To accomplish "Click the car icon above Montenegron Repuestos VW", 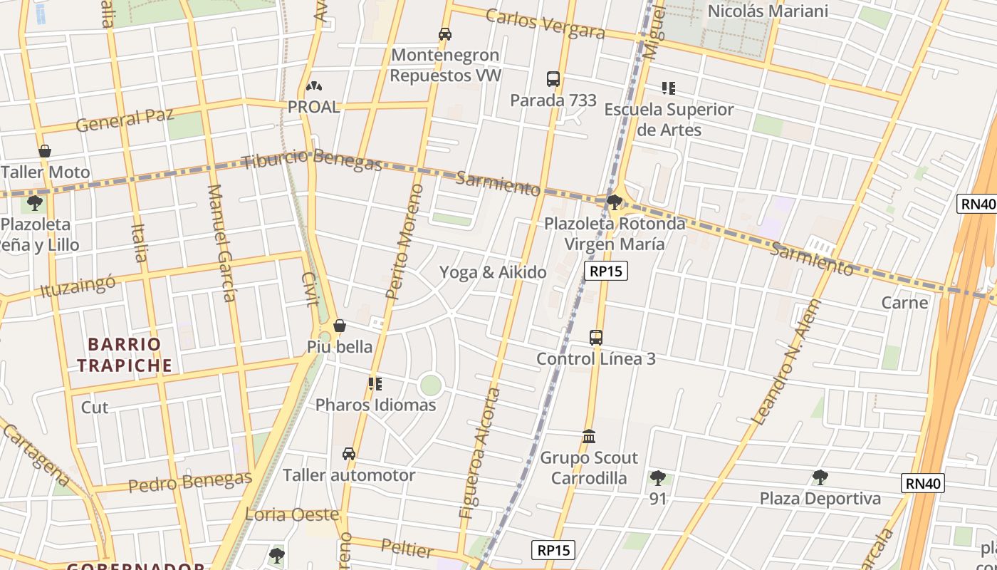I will click(x=445, y=33).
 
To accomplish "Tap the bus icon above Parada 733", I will click(x=553, y=79).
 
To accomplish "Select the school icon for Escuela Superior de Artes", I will click(x=668, y=88).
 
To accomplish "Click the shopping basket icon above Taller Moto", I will click(x=45, y=151).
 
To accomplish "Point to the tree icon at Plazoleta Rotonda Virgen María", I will click(x=614, y=202).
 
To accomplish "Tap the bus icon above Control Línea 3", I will click(x=596, y=337).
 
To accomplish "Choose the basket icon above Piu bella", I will click(x=340, y=326).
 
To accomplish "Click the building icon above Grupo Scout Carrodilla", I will click(x=589, y=436).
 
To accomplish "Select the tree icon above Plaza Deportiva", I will click(x=820, y=477).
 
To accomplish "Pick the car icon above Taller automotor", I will click(x=349, y=454).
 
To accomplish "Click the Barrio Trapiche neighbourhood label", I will click(x=125, y=355).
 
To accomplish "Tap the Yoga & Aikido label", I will click(x=493, y=272).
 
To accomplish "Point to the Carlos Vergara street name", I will click(x=546, y=24).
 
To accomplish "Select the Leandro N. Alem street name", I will click(x=787, y=362).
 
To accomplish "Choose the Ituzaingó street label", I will click(x=78, y=287).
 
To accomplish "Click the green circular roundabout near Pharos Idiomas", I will click(x=430, y=385).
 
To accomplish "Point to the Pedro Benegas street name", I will click(x=190, y=482).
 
